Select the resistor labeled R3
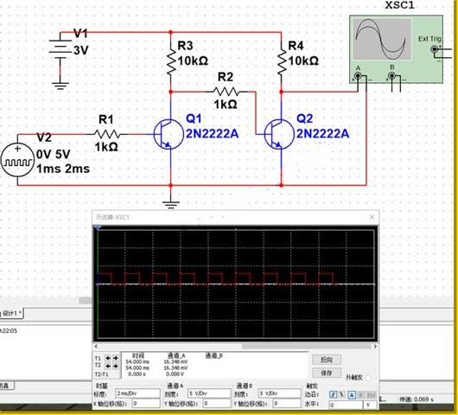tap(169, 60)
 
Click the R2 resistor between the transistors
tap(226, 91)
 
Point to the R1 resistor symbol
tap(106, 134)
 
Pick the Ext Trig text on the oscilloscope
tap(429, 39)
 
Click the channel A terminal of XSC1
tap(359, 76)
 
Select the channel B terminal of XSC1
tap(394, 76)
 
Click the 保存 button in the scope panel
tap(326, 373)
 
